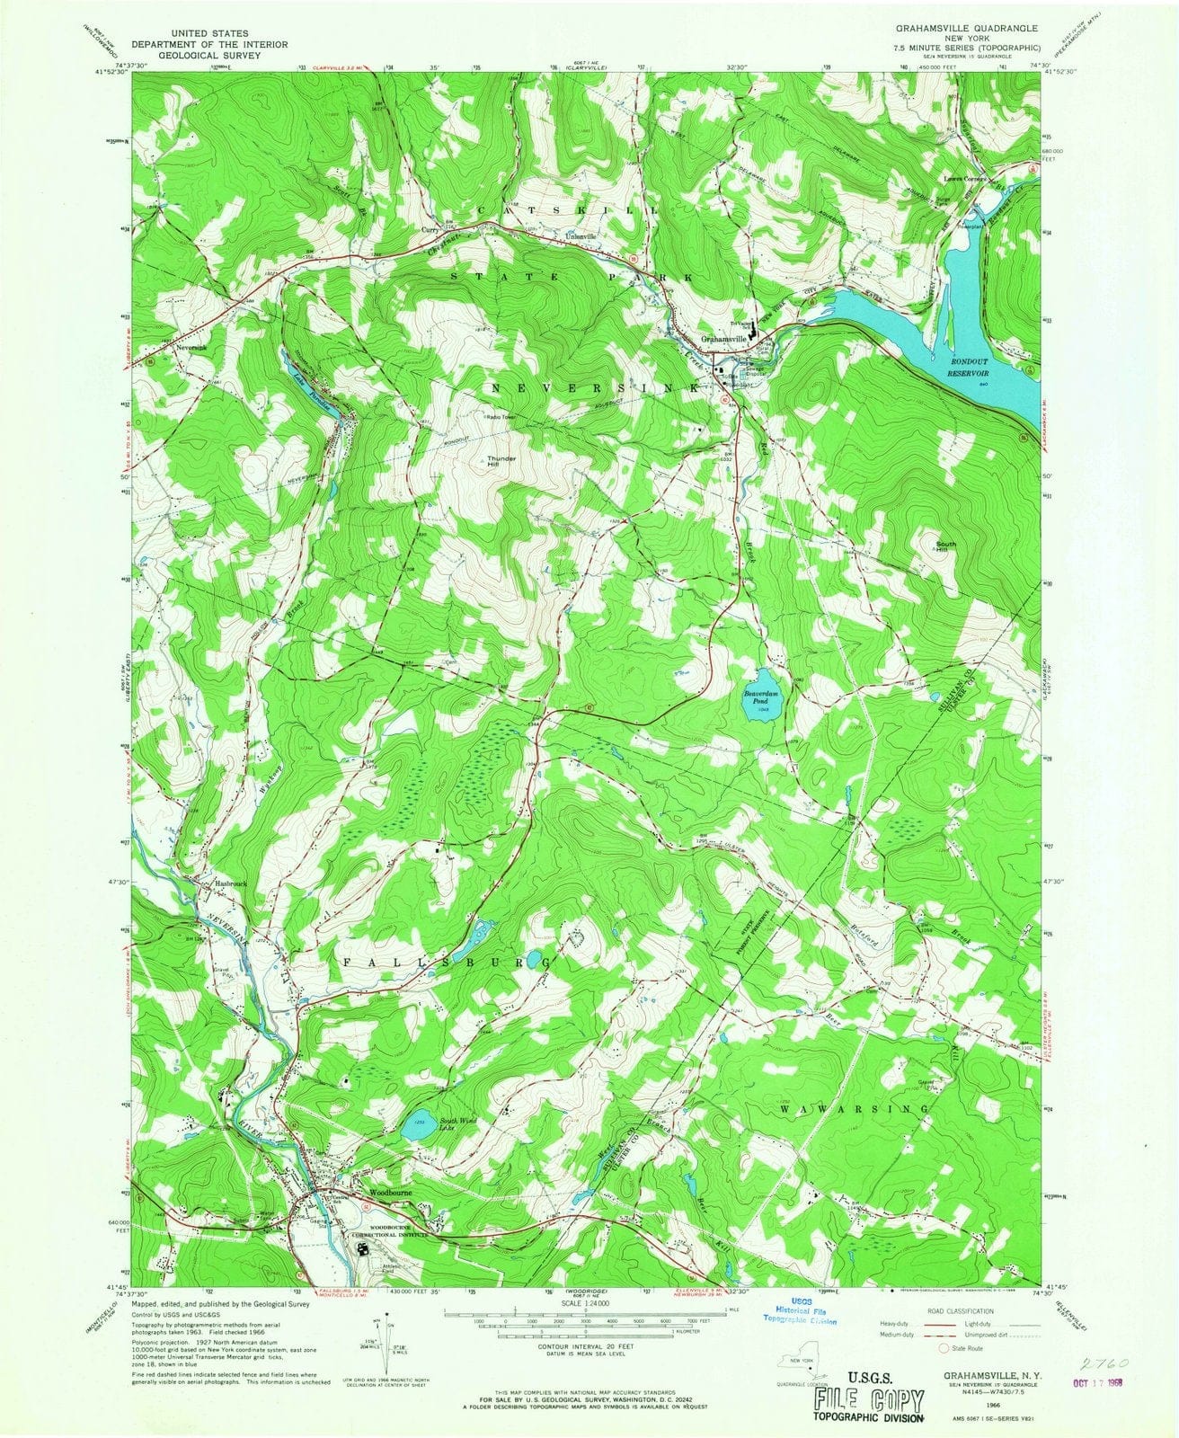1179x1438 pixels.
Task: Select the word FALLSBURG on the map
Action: click(445, 962)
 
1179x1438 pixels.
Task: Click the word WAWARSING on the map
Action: click(853, 1109)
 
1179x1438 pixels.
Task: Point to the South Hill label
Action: click(945, 547)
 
